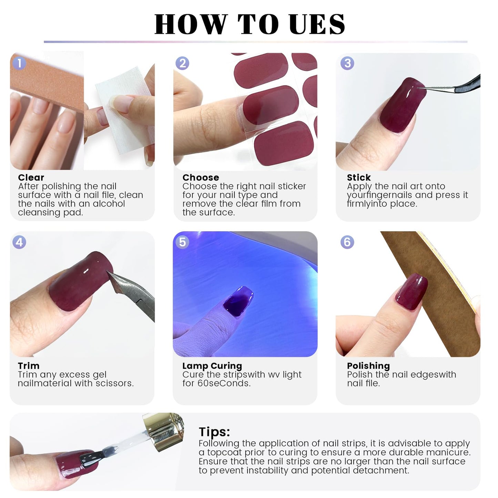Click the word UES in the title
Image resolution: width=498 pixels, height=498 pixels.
click(x=317, y=24)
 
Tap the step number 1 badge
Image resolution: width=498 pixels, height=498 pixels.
click(x=19, y=63)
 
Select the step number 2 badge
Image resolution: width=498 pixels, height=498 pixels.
click(x=182, y=63)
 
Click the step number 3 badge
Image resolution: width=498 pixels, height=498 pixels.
click(x=347, y=63)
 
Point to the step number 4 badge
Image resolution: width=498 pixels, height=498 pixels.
click(x=19, y=242)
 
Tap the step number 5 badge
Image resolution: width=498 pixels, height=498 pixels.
click(x=182, y=242)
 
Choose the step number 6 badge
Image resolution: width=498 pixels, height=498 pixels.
click(x=347, y=242)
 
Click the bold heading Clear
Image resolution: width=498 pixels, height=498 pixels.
click(x=31, y=177)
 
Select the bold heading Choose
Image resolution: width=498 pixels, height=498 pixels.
click(x=201, y=177)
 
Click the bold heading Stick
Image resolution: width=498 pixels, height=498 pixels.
click(x=359, y=177)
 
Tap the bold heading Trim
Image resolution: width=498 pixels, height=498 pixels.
click(x=29, y=366)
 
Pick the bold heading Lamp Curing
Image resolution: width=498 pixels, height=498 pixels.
click(x=212, y=366)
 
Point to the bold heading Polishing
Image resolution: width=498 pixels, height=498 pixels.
click(x=368, y=366)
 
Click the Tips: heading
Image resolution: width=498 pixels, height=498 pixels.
click(x=214, y=431)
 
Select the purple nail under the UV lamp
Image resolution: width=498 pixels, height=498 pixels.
click(x=238, y=299)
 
